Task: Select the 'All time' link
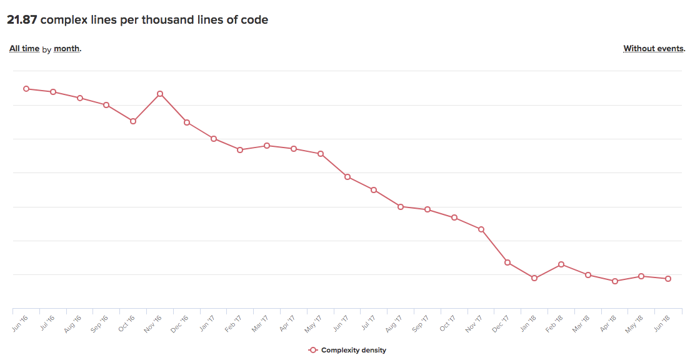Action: click(24, 49)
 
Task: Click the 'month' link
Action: click(67, 49)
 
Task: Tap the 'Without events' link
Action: click(654, 49)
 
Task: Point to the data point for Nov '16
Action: click(160, 94)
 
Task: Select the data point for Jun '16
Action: click(26, 89)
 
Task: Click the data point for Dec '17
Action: click(507, 262)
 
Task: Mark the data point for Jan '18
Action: click(534, 278)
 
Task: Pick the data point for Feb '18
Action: click(561, 264)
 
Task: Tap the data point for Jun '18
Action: click(668, 279)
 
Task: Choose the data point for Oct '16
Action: click(133, 121)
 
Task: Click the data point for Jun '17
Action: click(347, 177)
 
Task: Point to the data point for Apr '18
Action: click(615, 281)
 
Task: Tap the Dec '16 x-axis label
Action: click(180, 323)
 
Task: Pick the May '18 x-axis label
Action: click(635, 323)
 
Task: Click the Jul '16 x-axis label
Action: click(47, 323)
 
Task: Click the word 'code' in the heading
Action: click(254, 20)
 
